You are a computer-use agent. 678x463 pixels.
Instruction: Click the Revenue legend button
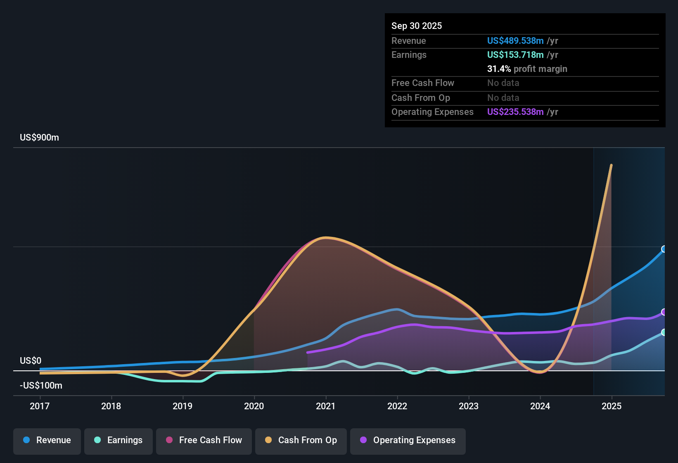[x=47, y=440]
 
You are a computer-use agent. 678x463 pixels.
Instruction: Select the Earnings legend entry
[x=119, y=440]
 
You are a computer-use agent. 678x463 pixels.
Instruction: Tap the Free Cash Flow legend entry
[x=204, y=440]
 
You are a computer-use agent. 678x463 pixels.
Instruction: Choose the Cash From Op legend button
[x=301, y=440]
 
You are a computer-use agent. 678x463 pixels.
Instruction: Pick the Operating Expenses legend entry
[x=408, y=440]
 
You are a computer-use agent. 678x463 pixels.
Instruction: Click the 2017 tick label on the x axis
[x=40, y=406]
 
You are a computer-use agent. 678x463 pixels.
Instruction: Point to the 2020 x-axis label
[x=254, y=406]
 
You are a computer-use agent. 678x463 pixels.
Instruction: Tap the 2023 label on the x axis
[x=469, y=406]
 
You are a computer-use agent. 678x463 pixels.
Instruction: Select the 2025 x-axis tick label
[x=612, y=406]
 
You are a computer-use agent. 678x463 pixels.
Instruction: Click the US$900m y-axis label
[x=39, y=138]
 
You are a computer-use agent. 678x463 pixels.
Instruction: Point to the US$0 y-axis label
[x=31, y=361]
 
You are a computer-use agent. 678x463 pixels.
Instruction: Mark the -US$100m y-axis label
[x=41, y=386]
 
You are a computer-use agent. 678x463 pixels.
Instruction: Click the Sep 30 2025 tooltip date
[x=417, y=26]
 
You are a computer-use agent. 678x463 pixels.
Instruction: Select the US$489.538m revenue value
[x=515, y=41]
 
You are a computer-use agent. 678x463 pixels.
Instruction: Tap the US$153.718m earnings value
[x=515, y=55]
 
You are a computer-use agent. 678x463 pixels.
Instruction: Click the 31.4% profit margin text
[x=527, y=69]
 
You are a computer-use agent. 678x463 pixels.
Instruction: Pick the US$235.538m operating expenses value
[x=515, y=112]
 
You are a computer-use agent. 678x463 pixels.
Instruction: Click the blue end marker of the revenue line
[x=664, y=249]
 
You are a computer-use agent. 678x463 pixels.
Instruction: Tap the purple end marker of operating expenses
[x=664, y=312]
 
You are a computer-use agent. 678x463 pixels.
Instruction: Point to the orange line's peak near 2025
[x=611, y=165]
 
